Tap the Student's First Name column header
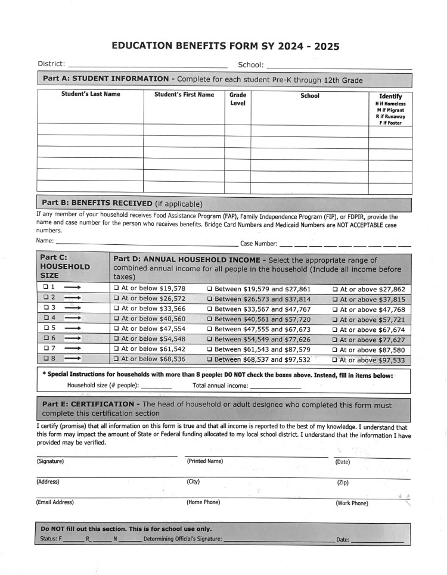(x=184, y=95)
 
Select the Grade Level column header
(x=238, y=99)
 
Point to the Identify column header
(x=390, y=96)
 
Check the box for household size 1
(x=45, y=288)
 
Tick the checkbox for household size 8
(x=45, y=359)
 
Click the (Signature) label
(x=50, y=461)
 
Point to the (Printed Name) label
(x=204, y=461)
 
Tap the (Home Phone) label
(x=203, y=502)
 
